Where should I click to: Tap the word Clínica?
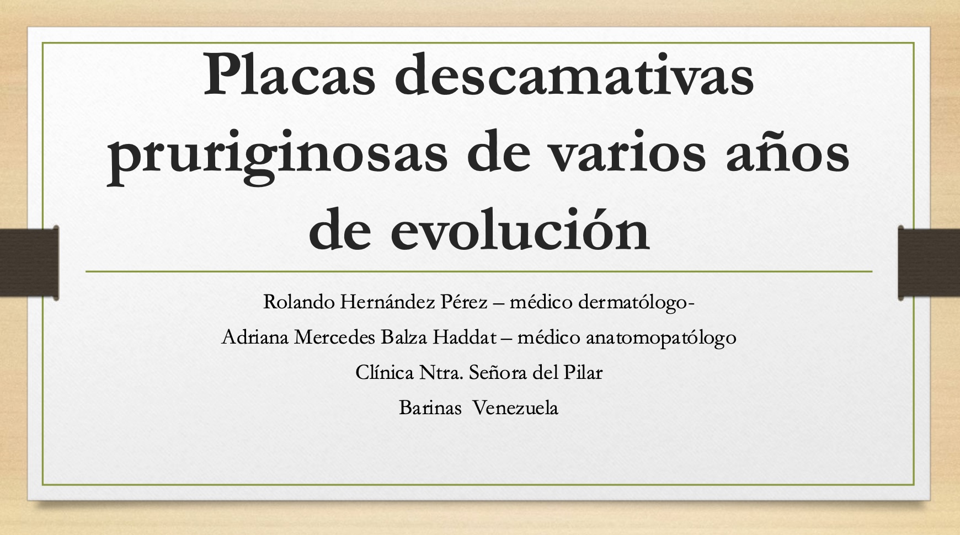coord(385,372)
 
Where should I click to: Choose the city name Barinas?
coord(430,408)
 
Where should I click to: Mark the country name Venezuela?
coord(516,408)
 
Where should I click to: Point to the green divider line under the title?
coord(479,272)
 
